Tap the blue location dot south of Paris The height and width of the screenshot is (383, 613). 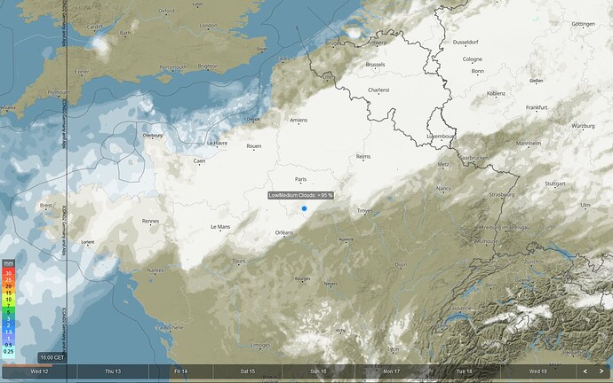coord(304,208)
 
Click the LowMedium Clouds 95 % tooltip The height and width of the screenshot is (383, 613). coord(300,195)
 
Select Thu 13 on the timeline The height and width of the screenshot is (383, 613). coord(113,371)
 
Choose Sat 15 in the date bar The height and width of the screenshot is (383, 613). coord(247,371)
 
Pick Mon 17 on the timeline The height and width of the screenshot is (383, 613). coord(391,371)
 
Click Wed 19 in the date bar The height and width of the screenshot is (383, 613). coord(537,371)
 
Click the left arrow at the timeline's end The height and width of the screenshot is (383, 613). coord(585,371)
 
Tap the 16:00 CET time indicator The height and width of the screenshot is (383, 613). coord(52,356)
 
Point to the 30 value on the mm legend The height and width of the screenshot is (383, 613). coord(8,273)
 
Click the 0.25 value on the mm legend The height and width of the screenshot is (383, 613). coord(8,352)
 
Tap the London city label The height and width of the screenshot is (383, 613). coord(209,26)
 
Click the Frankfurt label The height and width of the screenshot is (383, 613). coord(536,107)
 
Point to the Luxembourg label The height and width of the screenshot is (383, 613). coord(441,137)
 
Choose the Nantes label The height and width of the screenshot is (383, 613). coord(156,270)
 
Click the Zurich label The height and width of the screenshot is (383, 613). coord(532,262)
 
